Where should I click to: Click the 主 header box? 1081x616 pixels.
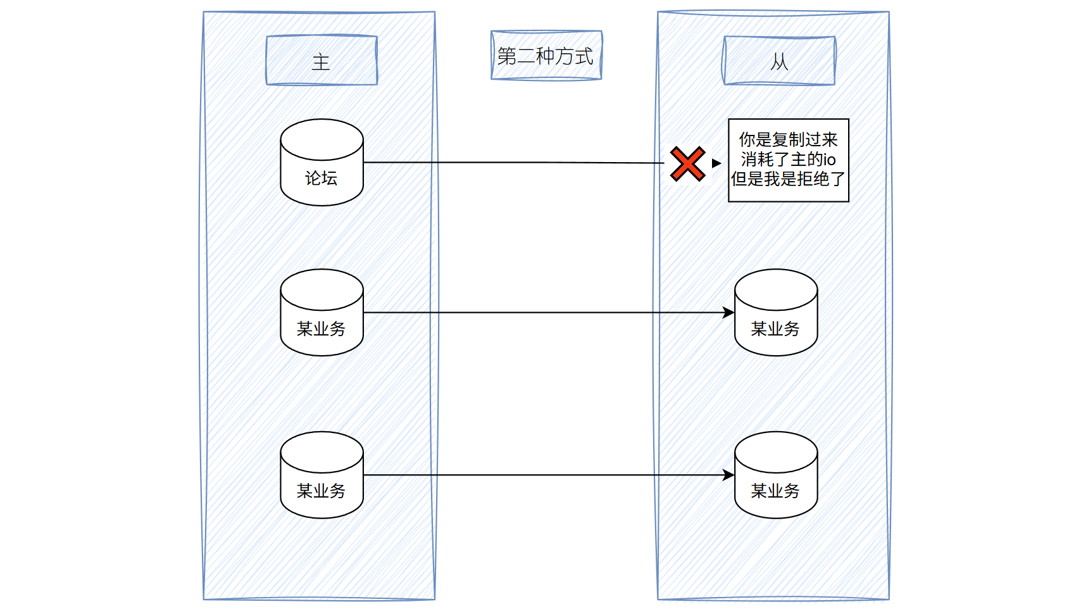(x=322, y=61)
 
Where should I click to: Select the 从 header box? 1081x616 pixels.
(x=779, y=61)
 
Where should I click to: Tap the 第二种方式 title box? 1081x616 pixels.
(x=546, y=56)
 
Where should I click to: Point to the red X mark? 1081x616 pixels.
(x=687, y=164)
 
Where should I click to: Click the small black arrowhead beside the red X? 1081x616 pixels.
(x=716, y=163)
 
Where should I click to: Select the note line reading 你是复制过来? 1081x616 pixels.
(x=788, y=139)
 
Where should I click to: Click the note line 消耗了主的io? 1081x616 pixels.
(x=788, y=160)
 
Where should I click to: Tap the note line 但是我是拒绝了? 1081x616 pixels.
(x=788, y=179)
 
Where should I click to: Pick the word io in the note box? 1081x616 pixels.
(x=829, y=160)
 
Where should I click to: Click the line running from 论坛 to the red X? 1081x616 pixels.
(x=513, y=163)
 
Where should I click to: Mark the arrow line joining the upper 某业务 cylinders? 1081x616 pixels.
(x=544, y=313)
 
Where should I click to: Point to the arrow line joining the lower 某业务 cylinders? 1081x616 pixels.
(x=544, y=475)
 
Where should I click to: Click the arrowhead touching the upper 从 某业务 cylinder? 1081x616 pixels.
(x=729, y=313)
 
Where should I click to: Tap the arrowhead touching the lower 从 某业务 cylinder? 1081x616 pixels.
(x=729, y=475)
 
